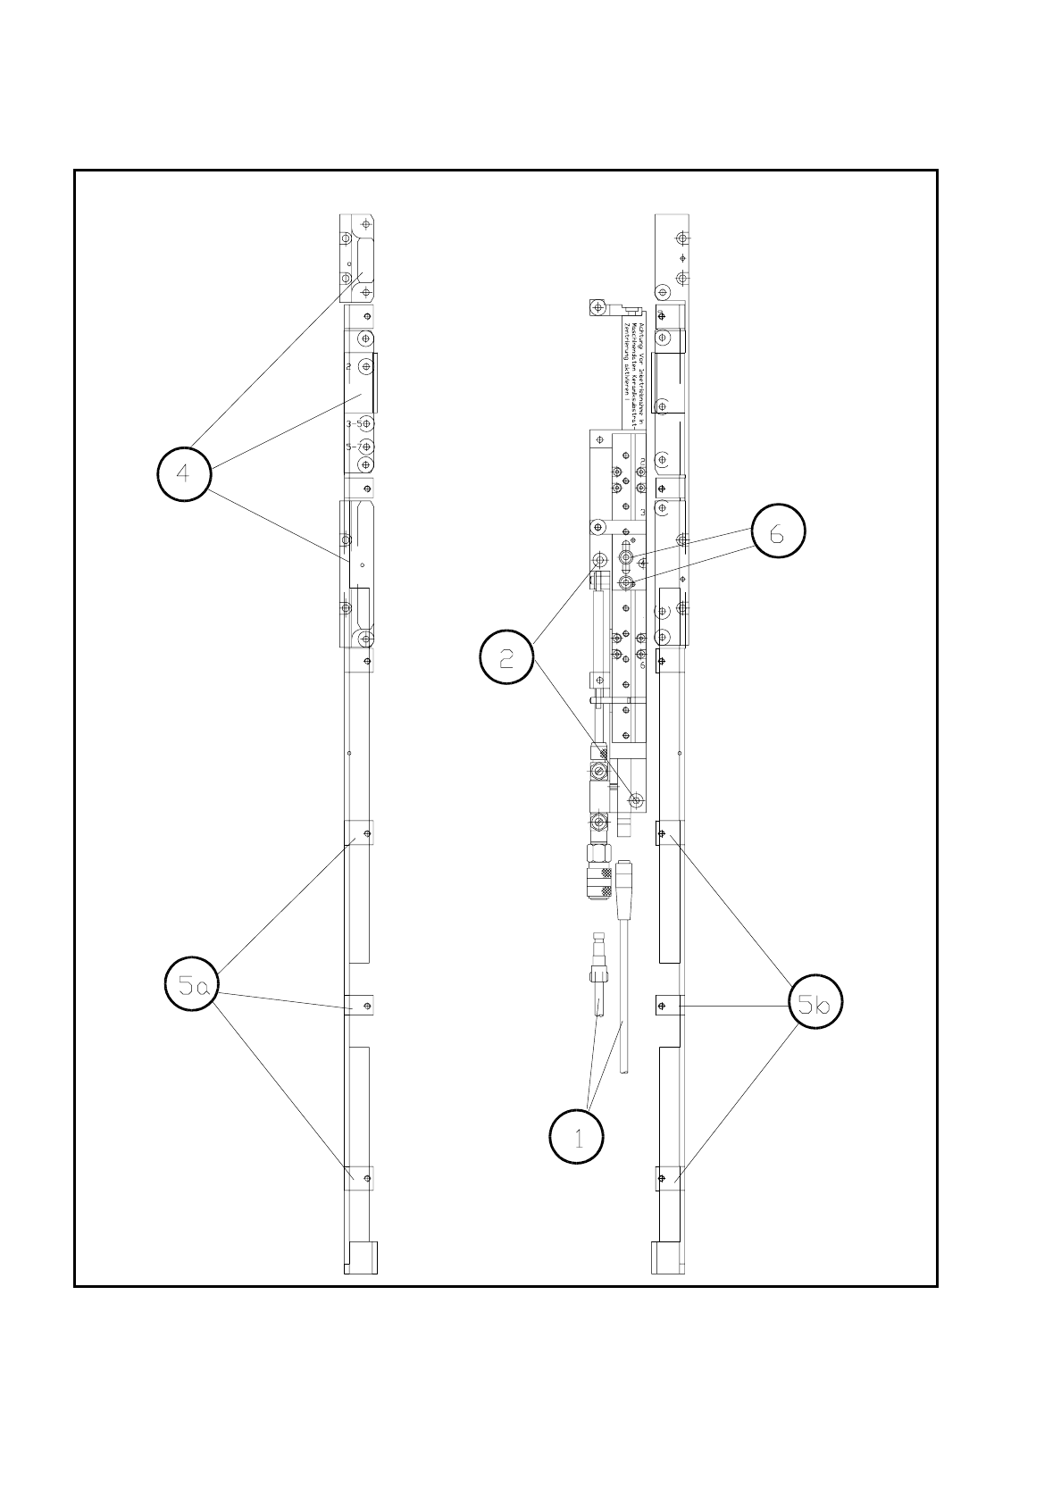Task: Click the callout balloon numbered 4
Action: pos(184,473)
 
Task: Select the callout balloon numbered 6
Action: pos(777,532)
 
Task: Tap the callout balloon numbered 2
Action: pos(506,659)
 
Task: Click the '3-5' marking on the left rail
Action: pos(355,423)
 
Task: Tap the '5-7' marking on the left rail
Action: pos(355,447)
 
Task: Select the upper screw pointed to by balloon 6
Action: pos(627,559)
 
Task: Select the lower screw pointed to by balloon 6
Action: pos(627,583)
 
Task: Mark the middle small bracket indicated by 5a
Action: pos(359,1006)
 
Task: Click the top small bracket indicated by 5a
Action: pos(359,832)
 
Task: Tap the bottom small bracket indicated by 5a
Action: pos(359,1179)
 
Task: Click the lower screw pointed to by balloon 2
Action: pos(636,798)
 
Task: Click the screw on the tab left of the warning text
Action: pos(597,307)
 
